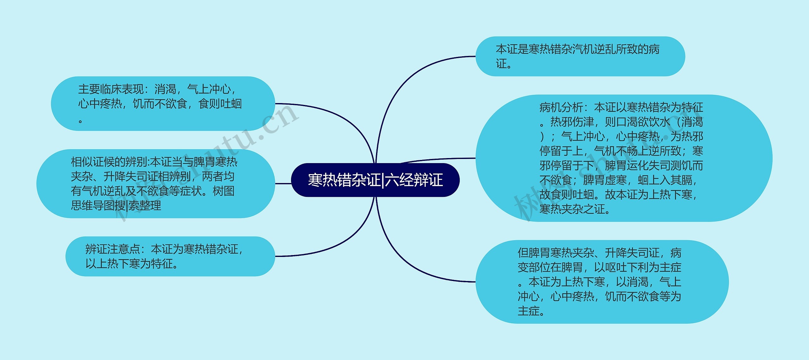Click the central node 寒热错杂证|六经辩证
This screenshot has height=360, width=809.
pos(375,180)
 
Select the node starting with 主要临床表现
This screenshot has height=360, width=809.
pos(163,104)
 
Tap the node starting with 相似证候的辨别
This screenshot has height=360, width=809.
pos(155,184)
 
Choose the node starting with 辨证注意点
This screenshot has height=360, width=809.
pos(170,256)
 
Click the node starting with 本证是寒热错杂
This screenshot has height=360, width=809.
pos(580,56)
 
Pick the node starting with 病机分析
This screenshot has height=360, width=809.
pos(623,158)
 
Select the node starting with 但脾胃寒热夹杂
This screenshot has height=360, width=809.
pos(602,282)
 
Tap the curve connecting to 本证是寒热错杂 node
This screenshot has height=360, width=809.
pos(408,79)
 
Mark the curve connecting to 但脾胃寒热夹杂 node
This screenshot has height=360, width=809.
pos(408,262)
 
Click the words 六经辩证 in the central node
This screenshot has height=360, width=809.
pos(414,180)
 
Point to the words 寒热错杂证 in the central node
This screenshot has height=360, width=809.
pos(344,180)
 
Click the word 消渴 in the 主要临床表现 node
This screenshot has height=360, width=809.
pos(165,89)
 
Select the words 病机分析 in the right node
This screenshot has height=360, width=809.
pos(561,107)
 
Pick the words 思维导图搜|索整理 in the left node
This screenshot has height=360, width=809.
pos(116,206)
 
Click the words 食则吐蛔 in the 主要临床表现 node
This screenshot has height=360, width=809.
pos(220,104)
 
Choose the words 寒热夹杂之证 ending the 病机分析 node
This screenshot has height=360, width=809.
pos(572,209)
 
